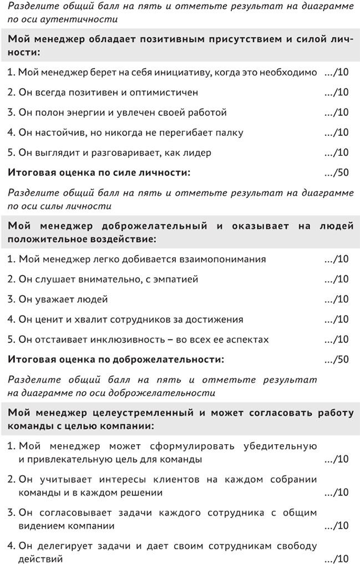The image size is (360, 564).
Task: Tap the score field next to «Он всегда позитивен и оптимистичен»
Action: click(336, 93)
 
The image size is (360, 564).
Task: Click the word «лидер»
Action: click(197, 153)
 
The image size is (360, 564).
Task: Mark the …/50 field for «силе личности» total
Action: click(336, 172)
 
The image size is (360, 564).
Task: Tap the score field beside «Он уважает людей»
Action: click(336, 299)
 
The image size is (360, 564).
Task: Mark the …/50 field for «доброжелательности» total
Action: click(336, 359)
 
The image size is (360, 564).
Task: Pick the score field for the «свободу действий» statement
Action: click(336, 558)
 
